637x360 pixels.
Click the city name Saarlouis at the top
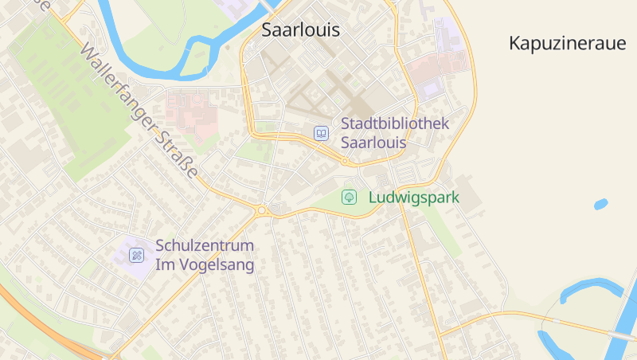click(x=301, y=31)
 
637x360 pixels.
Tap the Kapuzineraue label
click(x=568, y=44)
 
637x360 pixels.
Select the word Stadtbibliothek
click(x=395, y=124)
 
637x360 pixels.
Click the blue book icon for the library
click(x=321, y=134)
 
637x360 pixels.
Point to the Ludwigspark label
click(x=414, y=197)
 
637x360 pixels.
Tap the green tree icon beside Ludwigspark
click(x=348, y=197)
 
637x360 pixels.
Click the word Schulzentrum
click(x=205, y=245)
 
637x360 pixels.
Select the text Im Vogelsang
click(x=205, y=265)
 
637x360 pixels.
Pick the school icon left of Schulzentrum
click(x=137, y=256)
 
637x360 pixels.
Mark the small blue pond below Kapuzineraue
click(x=600, y=205)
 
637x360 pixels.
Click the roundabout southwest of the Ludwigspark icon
click(x=261, y=211)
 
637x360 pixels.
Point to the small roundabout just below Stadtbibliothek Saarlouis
click(x=345, y=162)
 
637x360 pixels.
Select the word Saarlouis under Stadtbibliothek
click(x=373, y=144)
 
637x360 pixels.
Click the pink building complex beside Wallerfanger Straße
click(x=191, y=110)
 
